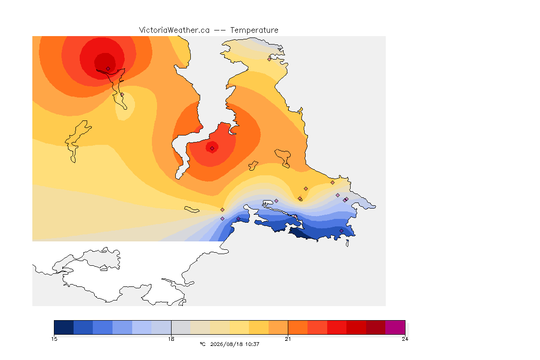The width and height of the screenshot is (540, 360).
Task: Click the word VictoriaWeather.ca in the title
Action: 174,30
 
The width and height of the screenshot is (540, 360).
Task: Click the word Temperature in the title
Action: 254,30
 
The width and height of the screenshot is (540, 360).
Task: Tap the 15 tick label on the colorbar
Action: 54,339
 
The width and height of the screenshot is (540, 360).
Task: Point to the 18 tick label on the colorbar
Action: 171,339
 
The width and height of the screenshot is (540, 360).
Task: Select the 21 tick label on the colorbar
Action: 288,339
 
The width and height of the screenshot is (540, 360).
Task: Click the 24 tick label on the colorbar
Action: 405,339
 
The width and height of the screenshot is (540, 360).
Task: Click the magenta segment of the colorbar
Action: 395,327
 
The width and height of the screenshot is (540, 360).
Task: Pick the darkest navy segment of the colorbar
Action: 64,327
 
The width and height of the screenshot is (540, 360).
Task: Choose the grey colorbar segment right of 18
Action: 181,327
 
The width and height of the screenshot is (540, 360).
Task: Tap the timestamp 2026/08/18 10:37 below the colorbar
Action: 234,344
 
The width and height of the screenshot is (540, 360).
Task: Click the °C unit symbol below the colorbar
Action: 202,344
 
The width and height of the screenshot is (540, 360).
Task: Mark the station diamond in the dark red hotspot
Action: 108,69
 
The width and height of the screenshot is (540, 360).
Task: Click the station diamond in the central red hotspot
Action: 212,149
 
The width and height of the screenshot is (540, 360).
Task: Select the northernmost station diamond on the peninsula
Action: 270,59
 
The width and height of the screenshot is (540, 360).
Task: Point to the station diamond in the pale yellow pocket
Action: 122,95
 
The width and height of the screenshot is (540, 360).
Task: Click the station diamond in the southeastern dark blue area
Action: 341,231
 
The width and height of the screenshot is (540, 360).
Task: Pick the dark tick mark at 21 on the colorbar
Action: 288,327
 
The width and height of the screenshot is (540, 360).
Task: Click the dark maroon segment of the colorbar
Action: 376,327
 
